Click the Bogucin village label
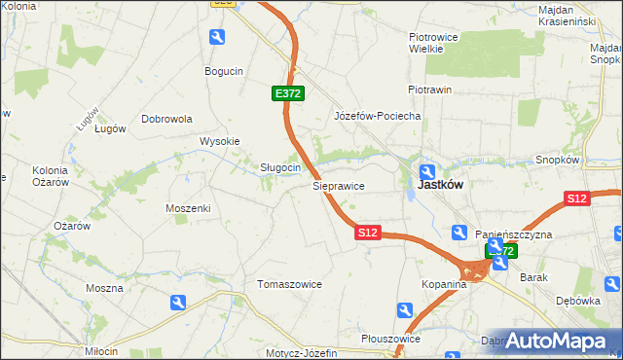(x=223, y=71)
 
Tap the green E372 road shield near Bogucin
(x=288, y=93)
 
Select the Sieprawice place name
(x=338, y=184)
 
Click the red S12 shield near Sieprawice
(x=367, y=234)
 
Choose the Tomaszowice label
(x=288, y=284)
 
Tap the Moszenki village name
(x=188, y=208)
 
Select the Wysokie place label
(x=219, y=141)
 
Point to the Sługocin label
(x=279, y=167)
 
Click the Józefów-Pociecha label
(x=377, y=116)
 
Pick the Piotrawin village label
(x=429, y=90)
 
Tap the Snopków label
(x=558, y=160)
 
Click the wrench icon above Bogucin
(x=217, y=37)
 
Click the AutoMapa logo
(x=558, y=341)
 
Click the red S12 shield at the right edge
(x=577, y=198)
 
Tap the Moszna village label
(x=104, y=288)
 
